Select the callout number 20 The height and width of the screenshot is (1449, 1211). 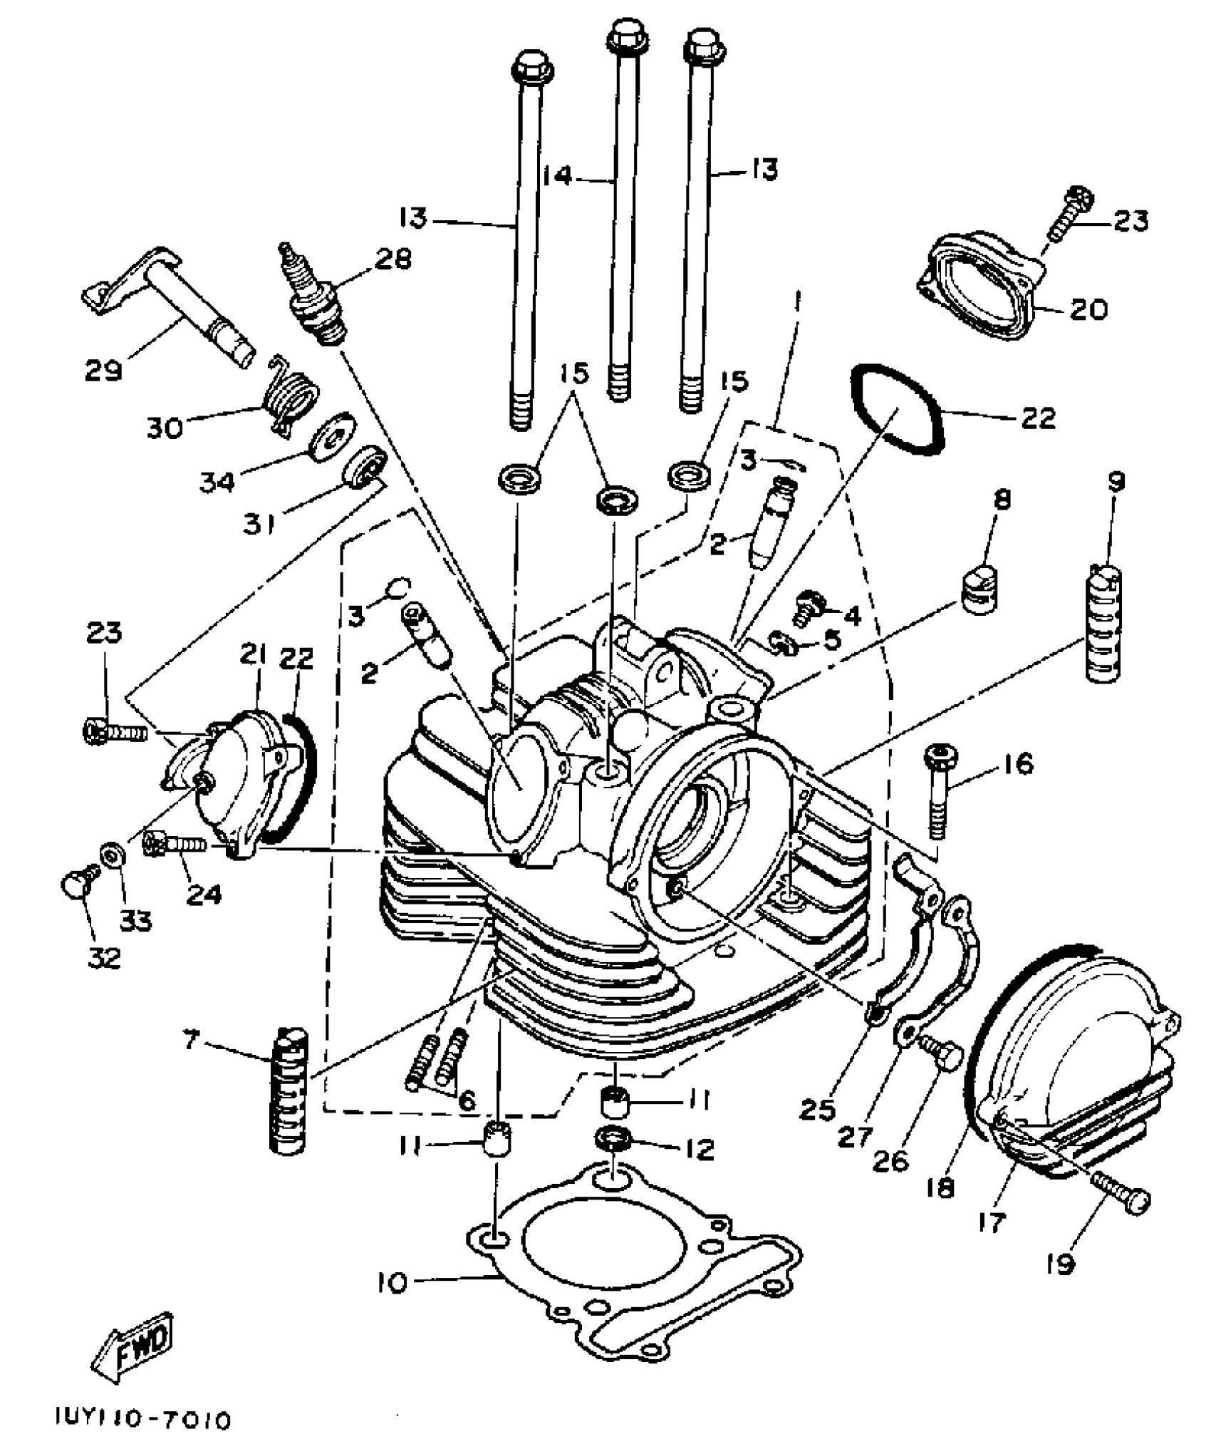(1088, 309)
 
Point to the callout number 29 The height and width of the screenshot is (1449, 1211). (104, 371)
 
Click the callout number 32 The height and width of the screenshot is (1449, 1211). (105, 957)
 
